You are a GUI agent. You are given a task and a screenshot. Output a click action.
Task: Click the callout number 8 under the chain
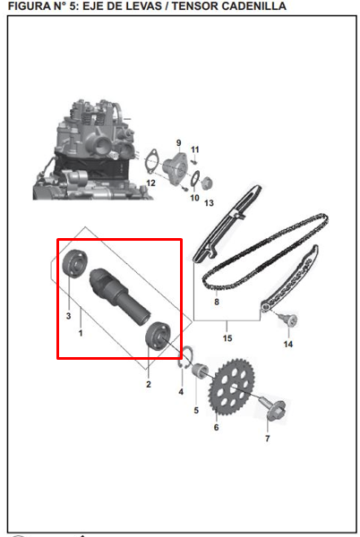[217, 303]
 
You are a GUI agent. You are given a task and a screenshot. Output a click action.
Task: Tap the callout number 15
[227, 338]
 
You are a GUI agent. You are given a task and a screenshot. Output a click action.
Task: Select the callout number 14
[288, 344]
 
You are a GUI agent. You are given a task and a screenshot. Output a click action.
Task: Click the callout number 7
[268, 439]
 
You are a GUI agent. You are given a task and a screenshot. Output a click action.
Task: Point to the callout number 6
[216, 428]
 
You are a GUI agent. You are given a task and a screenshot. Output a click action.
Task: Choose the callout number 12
[150, 183]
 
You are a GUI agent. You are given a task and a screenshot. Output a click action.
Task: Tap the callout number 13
[209, 203]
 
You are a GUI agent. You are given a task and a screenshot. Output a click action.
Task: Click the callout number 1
[81, 333]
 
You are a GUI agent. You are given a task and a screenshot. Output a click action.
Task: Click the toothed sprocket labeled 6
[232, 387]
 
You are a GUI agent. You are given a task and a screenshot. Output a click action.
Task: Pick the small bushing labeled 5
[200, 371]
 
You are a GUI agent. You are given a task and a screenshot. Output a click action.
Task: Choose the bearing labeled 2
[159, 337]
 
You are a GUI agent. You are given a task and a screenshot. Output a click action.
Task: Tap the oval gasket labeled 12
[150, 160]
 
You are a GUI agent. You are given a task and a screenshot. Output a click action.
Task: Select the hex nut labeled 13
[206, 183]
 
